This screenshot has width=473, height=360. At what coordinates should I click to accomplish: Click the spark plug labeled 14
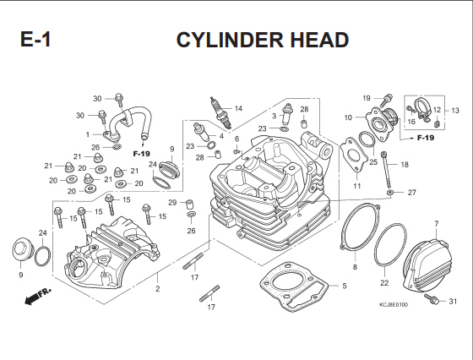220,113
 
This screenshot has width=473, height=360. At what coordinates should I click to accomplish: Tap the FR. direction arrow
38,296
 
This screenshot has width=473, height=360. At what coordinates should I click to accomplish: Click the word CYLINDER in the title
230,40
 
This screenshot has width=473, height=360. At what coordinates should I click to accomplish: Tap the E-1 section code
35,39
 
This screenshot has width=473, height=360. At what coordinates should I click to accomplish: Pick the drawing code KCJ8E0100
394,305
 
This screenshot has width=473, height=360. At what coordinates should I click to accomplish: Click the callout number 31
453,301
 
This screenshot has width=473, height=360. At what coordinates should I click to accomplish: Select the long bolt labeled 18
387,170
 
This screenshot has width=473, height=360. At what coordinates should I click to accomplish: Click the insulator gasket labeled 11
354,155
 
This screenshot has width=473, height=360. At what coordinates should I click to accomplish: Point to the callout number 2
157,289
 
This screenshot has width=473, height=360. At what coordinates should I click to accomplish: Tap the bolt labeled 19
387,101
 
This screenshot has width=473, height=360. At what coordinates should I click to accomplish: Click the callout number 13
455,111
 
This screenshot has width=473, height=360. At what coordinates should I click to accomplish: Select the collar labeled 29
189,205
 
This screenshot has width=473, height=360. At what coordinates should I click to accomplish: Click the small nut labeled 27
390,192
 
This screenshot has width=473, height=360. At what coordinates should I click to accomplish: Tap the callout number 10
348,117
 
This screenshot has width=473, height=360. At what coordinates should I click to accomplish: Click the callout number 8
355,267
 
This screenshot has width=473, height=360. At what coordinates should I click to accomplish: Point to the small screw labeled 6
236,150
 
